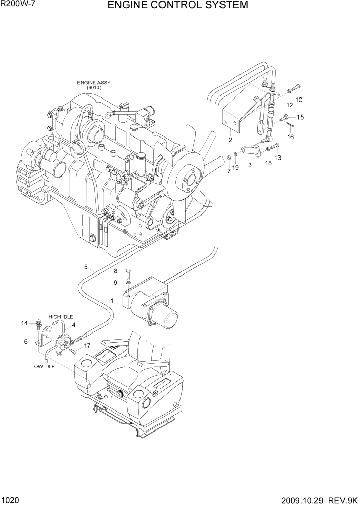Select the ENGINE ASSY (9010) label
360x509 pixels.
coord(93,85)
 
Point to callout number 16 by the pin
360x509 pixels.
coord(290,137)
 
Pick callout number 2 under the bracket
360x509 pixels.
coord(230,140)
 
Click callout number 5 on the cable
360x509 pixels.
coord(87,267)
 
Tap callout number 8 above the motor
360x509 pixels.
coord(116,271)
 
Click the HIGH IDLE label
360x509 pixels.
coord(61,317)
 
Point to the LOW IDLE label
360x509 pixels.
coord(43,367)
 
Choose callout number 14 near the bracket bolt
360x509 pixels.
coord(24,323)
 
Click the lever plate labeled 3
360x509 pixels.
coord(252,152)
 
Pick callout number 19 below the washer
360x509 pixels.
coord(235,168)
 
